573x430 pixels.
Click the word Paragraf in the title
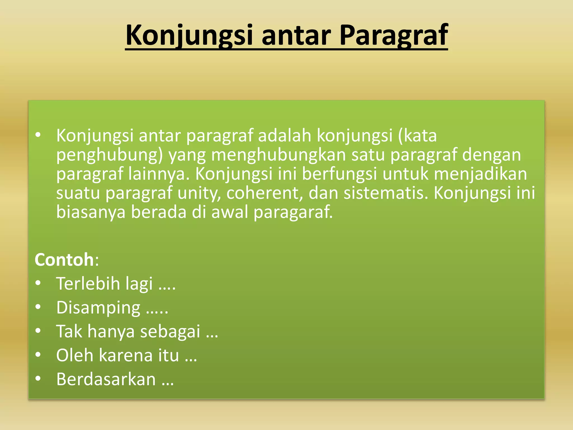click(x=394, y=36)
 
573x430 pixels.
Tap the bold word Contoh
click(x=64, y=260)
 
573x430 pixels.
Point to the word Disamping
click(x=98, y=308)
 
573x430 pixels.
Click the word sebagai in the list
click(x=170, y=331)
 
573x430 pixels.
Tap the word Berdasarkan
click(x=106, y=379)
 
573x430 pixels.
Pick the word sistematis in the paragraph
click(x=386, y=193)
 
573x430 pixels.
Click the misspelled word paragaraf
click(x=293, y=212)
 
